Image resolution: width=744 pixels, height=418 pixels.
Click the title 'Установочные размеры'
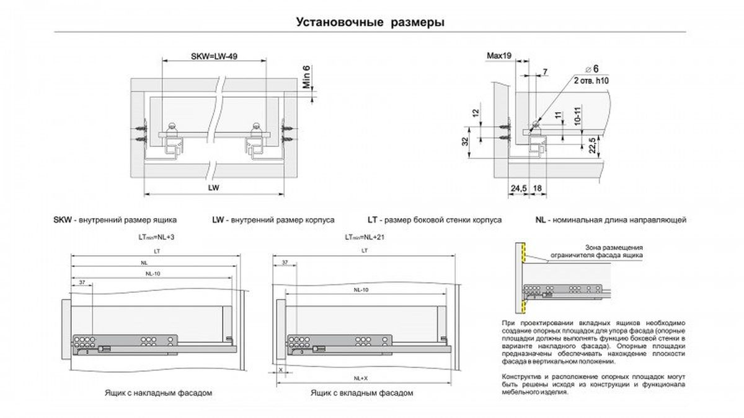click(371, 22)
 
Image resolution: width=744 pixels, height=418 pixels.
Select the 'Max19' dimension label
click(498, 56)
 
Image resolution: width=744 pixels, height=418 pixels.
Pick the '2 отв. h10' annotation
click(591, 81)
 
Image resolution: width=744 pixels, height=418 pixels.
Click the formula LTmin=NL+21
click(362, 237)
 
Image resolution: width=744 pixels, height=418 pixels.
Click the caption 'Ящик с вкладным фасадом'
click(362, 393)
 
